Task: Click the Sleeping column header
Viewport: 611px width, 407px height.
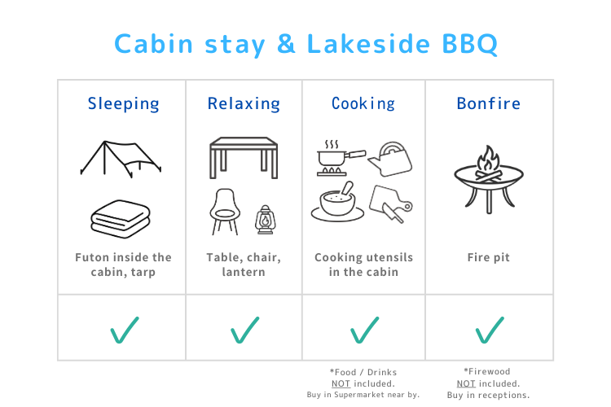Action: coord(124,104)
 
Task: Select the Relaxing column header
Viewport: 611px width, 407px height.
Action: coord(244,104)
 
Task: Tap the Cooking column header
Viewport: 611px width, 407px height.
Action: coord(363,104)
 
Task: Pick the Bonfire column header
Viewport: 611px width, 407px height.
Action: coord(489,104)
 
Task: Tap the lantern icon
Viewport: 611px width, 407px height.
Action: coord(264,219)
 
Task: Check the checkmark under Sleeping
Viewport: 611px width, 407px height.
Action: coord(124,329)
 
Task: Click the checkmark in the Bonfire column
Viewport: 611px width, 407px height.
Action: coord(490,329)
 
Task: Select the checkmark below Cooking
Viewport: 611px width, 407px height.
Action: coord(363,329)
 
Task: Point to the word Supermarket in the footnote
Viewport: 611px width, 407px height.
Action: coord(368,394)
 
